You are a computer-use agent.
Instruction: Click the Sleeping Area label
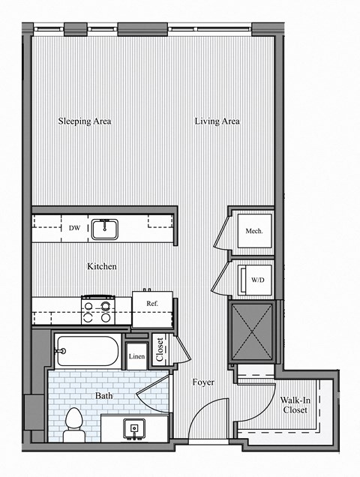pyautogui.click(x=85, y=121)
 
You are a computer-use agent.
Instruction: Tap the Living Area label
pyautogui.click(x=217, y=121)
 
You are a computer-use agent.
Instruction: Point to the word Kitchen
pyautogui.click(x=102, y=266)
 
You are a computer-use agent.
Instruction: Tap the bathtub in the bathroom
pyautogui.click(x=86, y=350)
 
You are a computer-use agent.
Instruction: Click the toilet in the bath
pyautogui.click(x=73, y=424)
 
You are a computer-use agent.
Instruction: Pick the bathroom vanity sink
pyautogui.click(x=135, y=428)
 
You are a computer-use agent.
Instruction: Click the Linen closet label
pyautogui.click(x=136, y=356)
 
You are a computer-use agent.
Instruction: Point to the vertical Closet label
pyautogui.click(x=159, y=349)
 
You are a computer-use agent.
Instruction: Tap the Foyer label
pyautogui.click(x=202, y=382)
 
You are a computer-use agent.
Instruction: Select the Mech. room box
pyautogui.click(x=253, y=231)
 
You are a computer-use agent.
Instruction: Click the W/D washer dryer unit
pyautogui.click(x=254, y=279)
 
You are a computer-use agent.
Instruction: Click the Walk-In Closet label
pyautogui.click(x=295, y=405)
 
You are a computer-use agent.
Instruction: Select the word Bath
pyautogui.click(x=103, y=394)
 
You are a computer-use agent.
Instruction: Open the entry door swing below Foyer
pyautogui.click(x=210, y=420)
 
